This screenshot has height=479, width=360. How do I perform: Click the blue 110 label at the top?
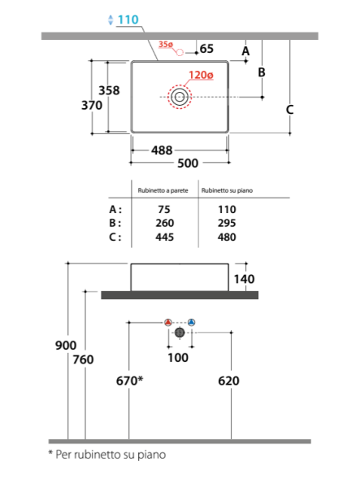128,20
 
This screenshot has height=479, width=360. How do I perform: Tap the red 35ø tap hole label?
166,45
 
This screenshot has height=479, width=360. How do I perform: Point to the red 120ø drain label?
201,75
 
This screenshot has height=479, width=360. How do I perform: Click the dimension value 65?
206,49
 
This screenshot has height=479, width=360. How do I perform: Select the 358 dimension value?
109,90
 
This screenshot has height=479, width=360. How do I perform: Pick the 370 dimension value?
92,106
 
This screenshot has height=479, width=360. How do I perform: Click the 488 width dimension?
162,150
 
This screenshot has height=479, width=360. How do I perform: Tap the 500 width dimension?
188,163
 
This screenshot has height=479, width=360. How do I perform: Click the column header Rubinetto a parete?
163,190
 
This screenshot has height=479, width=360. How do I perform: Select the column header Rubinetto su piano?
227,190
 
